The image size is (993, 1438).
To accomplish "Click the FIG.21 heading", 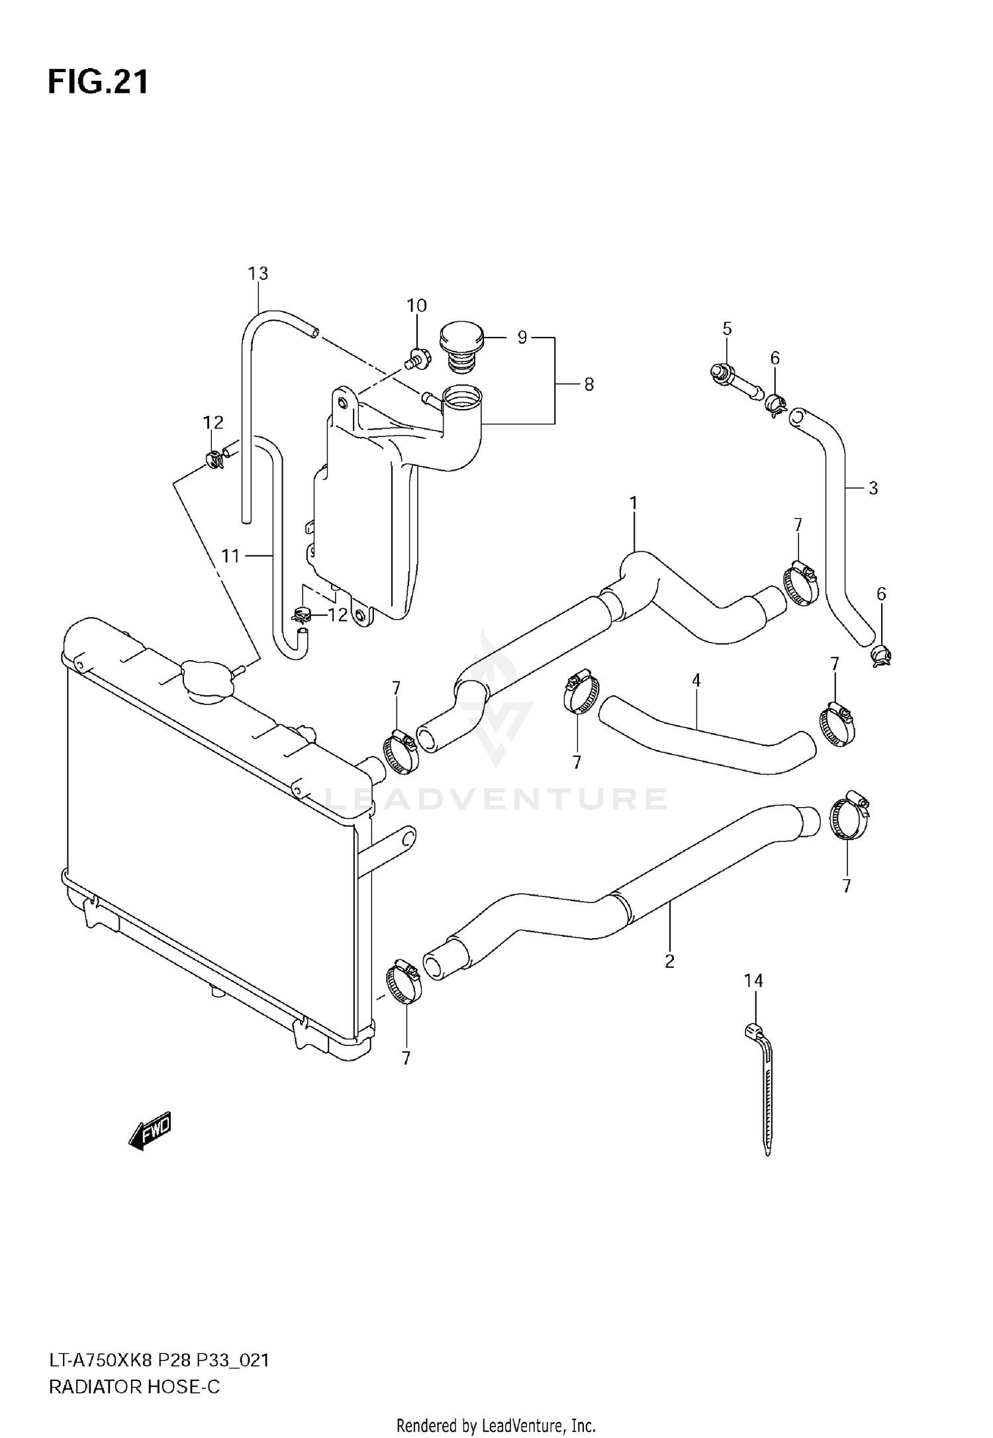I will tap(98, 82).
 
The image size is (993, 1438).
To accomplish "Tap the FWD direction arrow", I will tap(150, 1129).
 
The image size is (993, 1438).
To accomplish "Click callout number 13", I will tap(258, 273).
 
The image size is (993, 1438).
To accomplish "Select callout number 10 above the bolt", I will tap(416, 305).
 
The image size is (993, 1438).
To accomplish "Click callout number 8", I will tap(589, 384).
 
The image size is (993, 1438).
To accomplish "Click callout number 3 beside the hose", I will tap(873, 488).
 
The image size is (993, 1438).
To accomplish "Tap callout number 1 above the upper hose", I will tap(633, 503).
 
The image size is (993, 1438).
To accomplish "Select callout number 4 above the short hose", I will tap(696, 680).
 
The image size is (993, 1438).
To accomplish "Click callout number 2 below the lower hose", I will tap(669, 961).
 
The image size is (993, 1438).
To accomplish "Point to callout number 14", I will tap(753, 981).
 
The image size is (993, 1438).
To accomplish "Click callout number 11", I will tap(230, 555).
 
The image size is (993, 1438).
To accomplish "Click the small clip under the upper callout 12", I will tap(214, 458).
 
